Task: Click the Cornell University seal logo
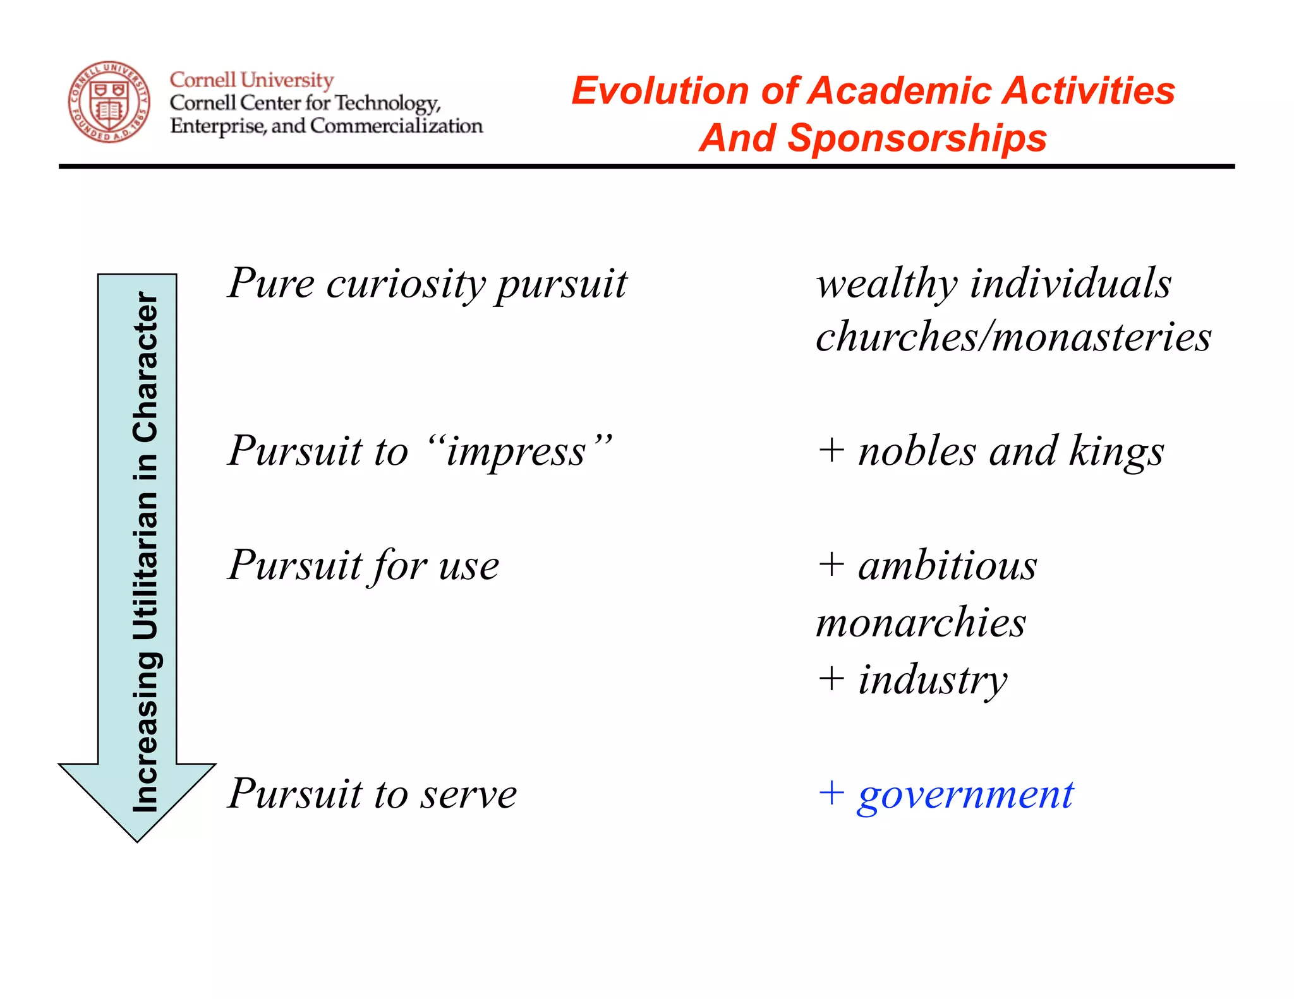[109, 102]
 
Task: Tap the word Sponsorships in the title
[917, 138]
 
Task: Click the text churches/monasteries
[1013, 336]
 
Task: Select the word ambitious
[947, 565]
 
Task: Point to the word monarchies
[921, 623]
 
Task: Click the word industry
[932, 681]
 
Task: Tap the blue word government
[965, 794]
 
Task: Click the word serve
[469, 794]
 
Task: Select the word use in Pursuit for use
[468, 566]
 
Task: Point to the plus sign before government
[831, 793]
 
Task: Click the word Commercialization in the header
[396, 126]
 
